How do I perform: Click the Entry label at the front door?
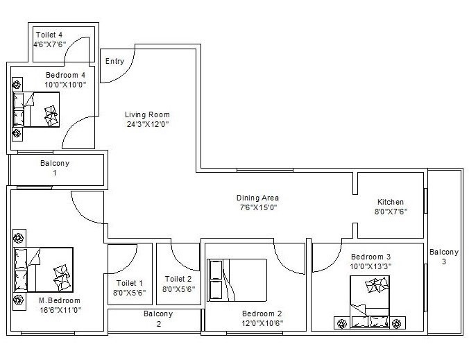tap(114, 61)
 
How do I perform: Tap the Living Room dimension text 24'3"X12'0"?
tap(147, 125)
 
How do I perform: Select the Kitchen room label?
tap(390, 202)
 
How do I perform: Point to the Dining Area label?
tap(257, 198)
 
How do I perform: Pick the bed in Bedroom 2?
tap(238, 280)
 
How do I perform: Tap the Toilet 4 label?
tap(49, 35)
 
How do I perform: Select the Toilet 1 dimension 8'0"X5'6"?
tap(130, 293)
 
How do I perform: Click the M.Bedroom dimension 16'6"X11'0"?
tap(59, 310)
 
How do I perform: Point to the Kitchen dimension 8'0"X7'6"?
tap(390, 212)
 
